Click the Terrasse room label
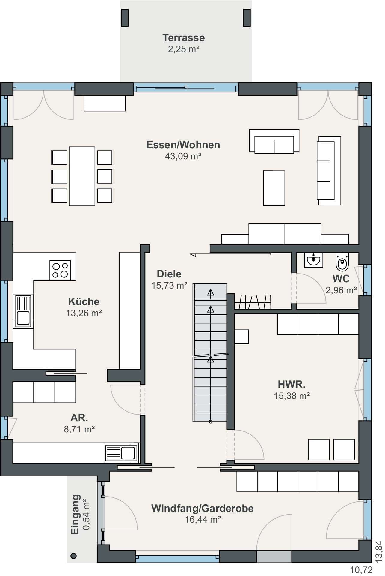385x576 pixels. [183, 37]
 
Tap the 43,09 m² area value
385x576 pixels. [183, 156]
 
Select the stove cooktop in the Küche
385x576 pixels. [60, 270]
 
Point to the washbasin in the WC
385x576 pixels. [313, 260]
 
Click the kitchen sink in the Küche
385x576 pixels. [23, 311]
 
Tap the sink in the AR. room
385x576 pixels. [122, 453]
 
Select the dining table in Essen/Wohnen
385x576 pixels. [82, 176]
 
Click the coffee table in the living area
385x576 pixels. [274, 188]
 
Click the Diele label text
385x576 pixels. [169, 274]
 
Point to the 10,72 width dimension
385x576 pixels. [361, 570]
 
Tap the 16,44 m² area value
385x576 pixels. [203, 519]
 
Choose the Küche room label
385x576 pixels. [84, 301]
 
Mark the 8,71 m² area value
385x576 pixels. [79, 429]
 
